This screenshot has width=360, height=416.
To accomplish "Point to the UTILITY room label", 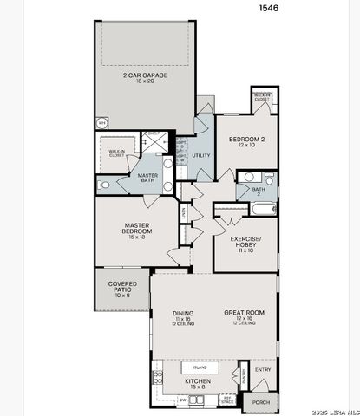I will (201, 156).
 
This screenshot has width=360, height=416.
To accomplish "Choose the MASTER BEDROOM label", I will (137, 230).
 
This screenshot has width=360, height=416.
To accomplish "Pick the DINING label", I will (182, 315).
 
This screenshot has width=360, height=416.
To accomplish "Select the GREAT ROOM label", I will (243, 315).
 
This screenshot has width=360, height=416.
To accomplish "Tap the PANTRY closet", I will (245, 378).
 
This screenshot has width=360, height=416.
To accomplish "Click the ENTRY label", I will (263, 371).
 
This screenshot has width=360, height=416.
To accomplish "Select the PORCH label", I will (260, 401).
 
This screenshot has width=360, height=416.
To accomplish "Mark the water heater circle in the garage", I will (101, 124).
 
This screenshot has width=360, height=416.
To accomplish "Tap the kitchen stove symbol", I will (157, 378).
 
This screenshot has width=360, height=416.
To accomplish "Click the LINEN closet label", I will (185, 211).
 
